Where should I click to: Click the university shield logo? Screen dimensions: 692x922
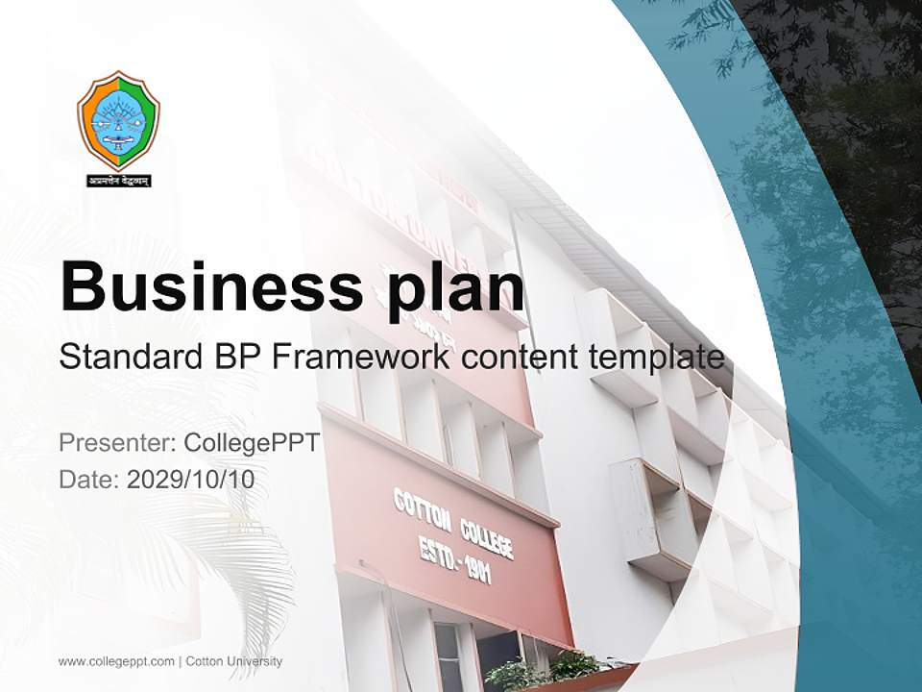pyautogui.click(x=118, y=121)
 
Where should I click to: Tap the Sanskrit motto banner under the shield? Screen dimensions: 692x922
pyautogui.click(x=118, y=180)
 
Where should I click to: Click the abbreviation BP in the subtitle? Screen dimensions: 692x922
pyautogui.click(x=234, y=358)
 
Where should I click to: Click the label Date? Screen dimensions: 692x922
pyautogui.click(x=89, y=479)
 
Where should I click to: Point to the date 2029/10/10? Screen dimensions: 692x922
pyautogui.click(x=191, y=479)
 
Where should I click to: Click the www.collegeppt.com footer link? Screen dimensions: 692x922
pyautogui.click(x=116, y=661)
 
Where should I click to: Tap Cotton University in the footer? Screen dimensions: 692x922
pyautogui.click(x=234, y=661)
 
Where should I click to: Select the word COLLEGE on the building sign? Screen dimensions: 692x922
pyautogui.click(x=485, y=536)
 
